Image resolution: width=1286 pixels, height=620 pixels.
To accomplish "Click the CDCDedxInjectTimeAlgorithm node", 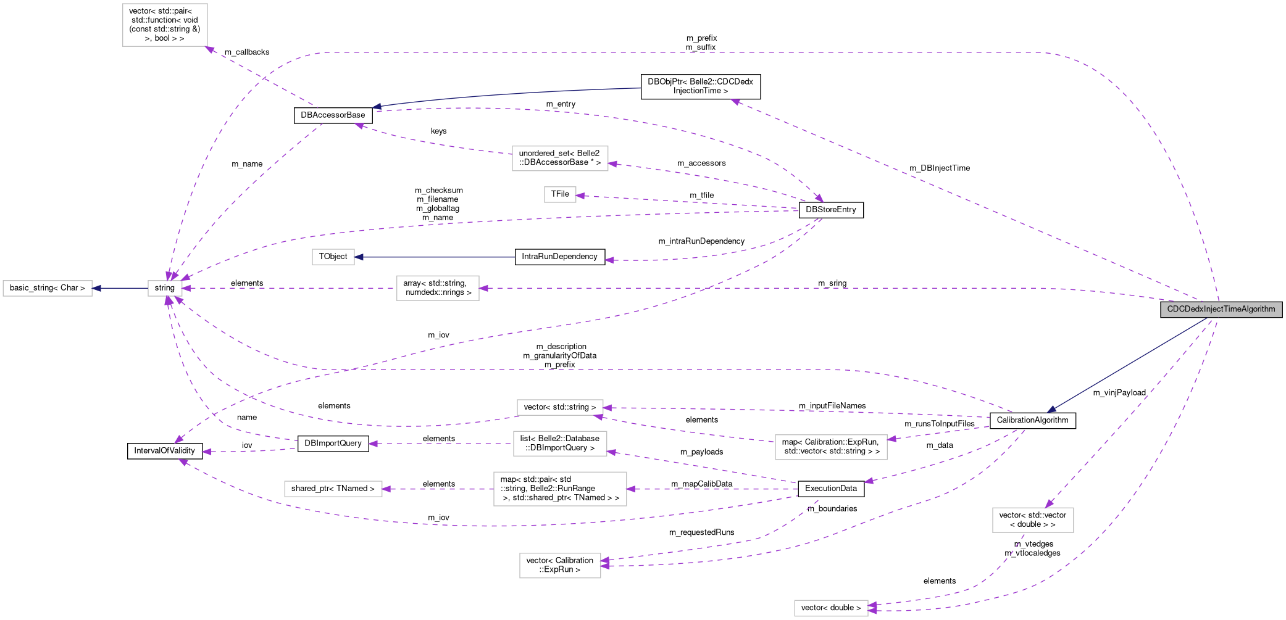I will pyautogui.click(x=1221, y=309).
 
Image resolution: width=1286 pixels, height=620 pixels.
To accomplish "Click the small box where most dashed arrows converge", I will pyautogui.click(x=165, y=288).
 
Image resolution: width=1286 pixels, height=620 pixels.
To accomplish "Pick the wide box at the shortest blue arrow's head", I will pyautogui.click(x=48, y=288).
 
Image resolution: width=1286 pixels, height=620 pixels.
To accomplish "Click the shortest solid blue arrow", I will pyautogui.click(x=120, y=288).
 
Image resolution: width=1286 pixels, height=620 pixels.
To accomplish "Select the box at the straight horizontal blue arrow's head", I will pyautogui.click(x=333, y=257).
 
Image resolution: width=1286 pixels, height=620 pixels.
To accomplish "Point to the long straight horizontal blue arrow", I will pyautogui.click(x=435, y=257).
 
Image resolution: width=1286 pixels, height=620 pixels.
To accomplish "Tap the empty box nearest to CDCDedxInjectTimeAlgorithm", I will pyautogui.click(x=1033, y=519).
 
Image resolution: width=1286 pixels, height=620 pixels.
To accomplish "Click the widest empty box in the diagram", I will pyautogui.click(x=560, y=489).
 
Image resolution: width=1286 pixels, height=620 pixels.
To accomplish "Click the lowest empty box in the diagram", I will pyautogui.click(x=831, y=608).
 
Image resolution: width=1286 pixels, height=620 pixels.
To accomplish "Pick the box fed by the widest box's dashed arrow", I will pyautogui.click(x=333, y=489).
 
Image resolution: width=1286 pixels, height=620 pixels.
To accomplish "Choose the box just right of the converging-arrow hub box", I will pyautogui.click(x=438, y=288).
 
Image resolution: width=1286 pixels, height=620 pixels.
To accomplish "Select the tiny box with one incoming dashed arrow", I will pyautogui.click(x=560, y=194).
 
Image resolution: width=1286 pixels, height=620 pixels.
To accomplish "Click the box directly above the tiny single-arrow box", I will pyautogui.click(x=560, y=159).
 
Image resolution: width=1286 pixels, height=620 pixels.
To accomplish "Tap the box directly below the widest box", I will pyautogui.click(x=560, y=566).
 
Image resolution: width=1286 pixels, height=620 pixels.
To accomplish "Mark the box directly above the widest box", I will pyautogui.click(x=560, y=444).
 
